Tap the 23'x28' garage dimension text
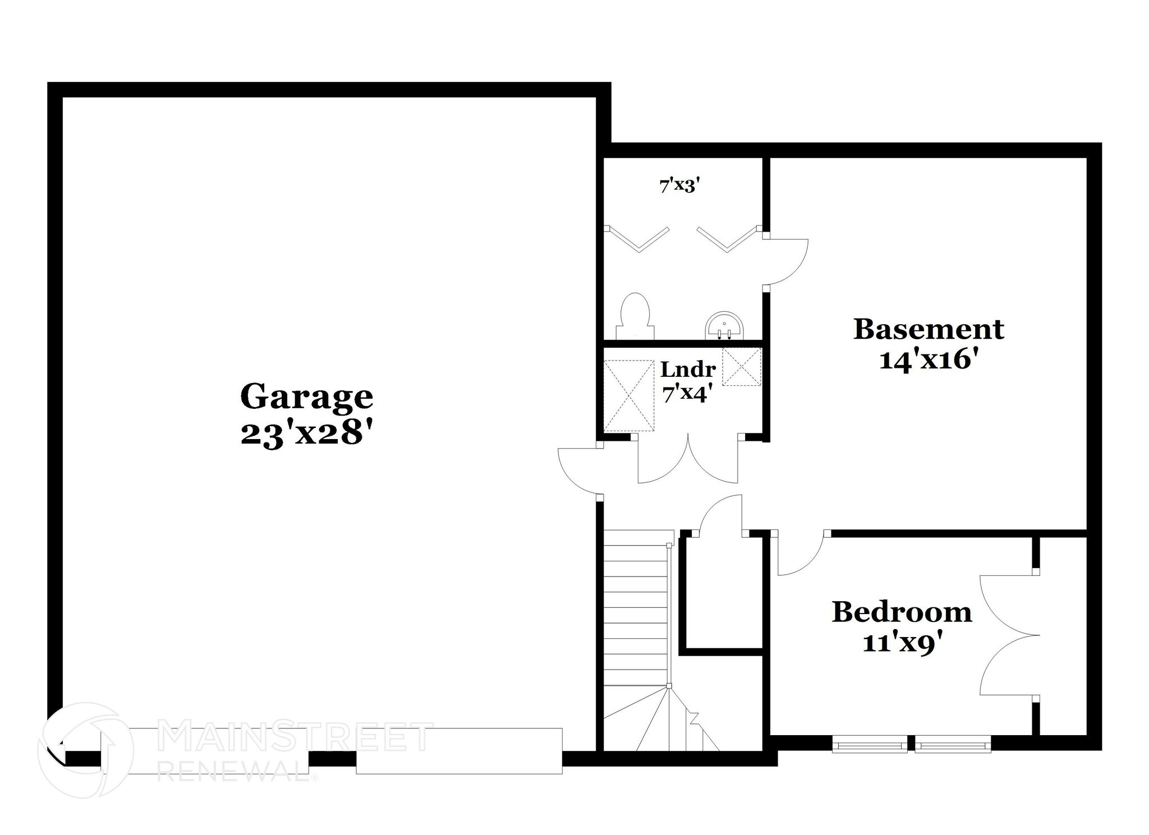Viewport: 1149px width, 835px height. coord(306,433)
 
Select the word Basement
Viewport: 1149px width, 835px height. coord(929,329)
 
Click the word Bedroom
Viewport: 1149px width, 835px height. coord(902,612)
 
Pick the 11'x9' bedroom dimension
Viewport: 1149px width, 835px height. coord(901,643)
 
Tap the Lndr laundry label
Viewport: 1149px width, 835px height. coord(688,370)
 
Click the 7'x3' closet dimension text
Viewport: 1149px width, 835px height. coord(680,186)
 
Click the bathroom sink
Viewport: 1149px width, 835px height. coord(725,327)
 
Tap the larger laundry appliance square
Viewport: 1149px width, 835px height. coord(629,396)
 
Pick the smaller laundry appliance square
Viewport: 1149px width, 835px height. coord(742,366)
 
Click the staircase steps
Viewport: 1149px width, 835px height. coord(637,611)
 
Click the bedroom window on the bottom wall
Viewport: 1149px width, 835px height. coord(911,744)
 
